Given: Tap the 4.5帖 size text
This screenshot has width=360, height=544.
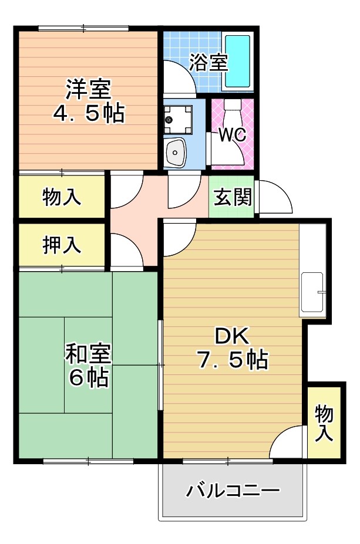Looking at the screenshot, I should click(x=89, y=113).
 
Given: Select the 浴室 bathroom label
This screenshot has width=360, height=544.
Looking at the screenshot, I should click(x=208, y=62).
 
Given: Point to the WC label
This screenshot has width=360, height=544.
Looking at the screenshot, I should click(x=233, y=134).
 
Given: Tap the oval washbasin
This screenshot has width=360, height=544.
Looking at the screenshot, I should click(x=175, y=153).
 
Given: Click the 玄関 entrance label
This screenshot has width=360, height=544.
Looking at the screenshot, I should click(x=232, y=198).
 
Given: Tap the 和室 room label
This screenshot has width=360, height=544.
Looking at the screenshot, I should click(x=89, y=354).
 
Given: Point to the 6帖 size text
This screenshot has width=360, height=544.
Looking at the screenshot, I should click(x=89, y=379).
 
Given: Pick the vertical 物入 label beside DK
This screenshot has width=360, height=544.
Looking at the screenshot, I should click(x=324, y=423).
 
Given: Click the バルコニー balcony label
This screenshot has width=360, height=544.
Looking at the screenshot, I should click(x=233, y=490).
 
